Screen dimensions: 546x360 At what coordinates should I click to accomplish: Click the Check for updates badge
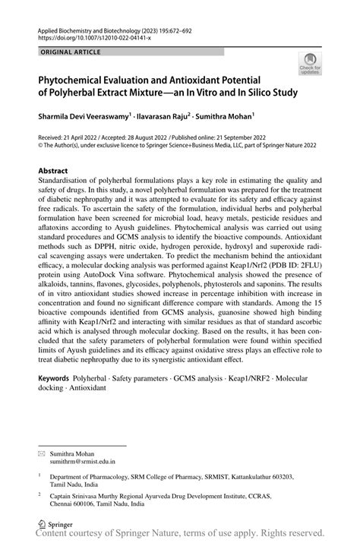[309, 63]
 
